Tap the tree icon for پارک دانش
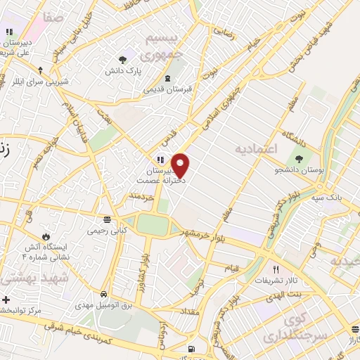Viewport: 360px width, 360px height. click(123, 60)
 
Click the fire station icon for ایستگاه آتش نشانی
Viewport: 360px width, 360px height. click(46, 237)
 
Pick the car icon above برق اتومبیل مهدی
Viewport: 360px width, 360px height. click(104, 293)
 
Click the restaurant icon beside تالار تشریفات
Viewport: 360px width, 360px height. click(276, 269)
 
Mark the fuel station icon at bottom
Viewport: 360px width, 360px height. click(191, 349)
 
